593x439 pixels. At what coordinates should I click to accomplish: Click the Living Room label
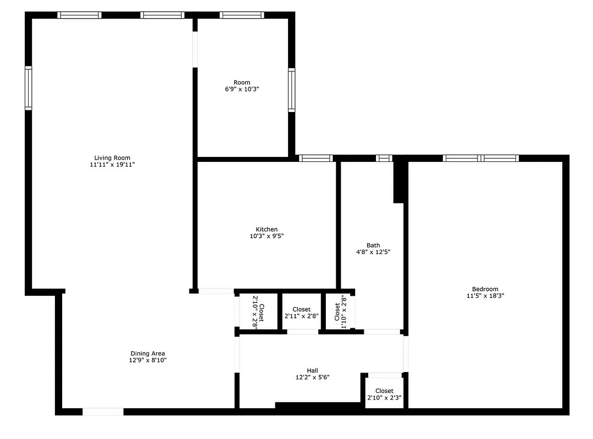coord(112,158)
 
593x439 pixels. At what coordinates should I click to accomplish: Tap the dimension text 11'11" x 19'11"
coord(112,165)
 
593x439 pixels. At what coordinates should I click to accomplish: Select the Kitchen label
coord(267,229)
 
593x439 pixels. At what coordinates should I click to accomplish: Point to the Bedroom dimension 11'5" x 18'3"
coord(485,296)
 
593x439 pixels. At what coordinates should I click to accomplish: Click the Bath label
coord(373,245)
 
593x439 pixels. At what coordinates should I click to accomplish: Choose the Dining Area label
coord(147,353)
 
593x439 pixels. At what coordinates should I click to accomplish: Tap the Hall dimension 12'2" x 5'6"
coord(312,377)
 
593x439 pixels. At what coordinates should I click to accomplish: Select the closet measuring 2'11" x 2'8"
coord(301,313)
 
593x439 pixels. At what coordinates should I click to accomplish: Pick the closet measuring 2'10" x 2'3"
coord(384,395)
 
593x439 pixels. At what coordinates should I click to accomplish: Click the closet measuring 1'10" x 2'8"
coord(340,312)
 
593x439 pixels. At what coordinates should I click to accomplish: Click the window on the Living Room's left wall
coord(28,88)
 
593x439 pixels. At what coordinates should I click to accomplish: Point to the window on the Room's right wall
coord(292,90)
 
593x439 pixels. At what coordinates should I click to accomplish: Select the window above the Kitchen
coord(316,158)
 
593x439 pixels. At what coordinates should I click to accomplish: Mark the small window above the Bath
coord(384,158)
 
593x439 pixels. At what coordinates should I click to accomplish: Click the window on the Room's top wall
coord(242,15)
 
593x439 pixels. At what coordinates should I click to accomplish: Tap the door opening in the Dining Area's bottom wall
coord(103,412)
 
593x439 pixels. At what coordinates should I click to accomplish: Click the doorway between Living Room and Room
coord(195,49)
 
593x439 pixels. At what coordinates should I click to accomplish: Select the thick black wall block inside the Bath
coord(400,182)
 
